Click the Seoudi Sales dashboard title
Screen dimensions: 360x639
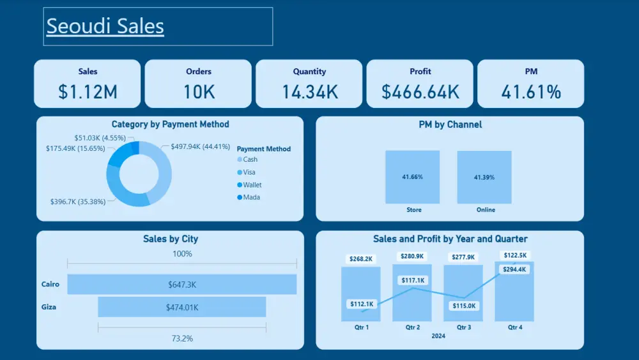105,26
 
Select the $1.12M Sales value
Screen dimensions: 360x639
88,92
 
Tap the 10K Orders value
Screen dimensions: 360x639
199,92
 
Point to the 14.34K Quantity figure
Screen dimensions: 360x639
310,92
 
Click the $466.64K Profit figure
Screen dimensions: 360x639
420,92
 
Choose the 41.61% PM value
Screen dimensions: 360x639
531,92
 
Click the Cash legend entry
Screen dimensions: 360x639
250,159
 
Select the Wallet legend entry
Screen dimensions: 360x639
252,185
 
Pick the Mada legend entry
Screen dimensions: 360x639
251,197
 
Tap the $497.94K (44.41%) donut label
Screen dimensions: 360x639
200,146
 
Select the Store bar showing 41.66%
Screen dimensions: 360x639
412,177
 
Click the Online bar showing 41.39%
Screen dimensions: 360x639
484,177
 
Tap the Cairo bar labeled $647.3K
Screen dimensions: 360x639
182,284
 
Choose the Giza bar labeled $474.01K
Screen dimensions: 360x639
182,307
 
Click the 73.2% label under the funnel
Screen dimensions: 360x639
182,338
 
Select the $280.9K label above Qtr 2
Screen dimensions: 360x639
412,256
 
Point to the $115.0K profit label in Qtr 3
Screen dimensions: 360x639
464,306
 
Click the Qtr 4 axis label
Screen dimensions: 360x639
514,327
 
